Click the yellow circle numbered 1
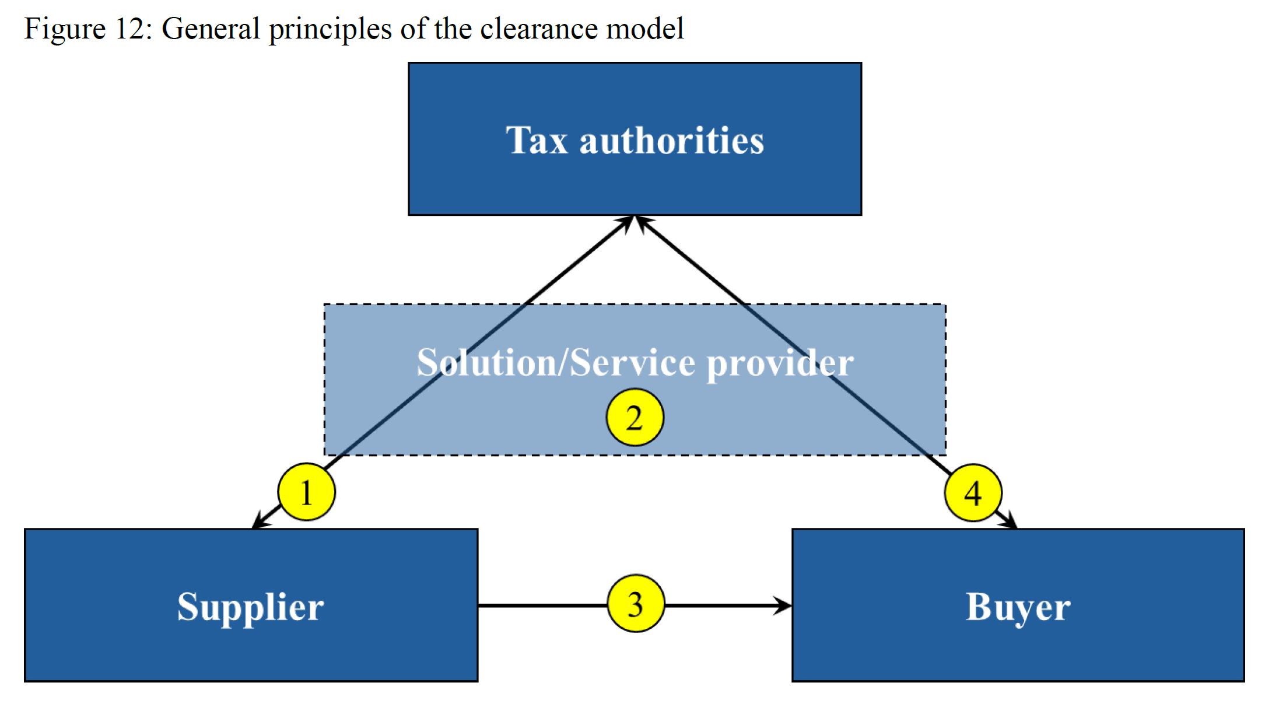[306, 492]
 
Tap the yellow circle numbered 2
[635, 418]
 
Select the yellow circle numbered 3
[635, 604]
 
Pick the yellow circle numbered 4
[972, 493]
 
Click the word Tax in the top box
[536, 141]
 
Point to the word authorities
[671, 141]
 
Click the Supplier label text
[250, 607]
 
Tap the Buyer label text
[1018, 607]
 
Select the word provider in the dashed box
[780, 363]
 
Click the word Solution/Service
[555, 363]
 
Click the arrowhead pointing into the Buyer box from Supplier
[783, 605]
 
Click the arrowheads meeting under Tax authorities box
[635, 222]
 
